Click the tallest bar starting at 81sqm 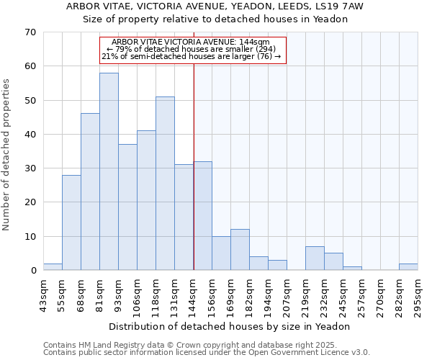(x=109, y=171)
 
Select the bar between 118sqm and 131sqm (x=165, y=184)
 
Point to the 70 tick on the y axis (x=30, y=32)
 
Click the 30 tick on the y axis (x=30, y=168)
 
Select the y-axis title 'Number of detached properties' (x=6, y=155)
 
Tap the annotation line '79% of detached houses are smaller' (x=193, y=49)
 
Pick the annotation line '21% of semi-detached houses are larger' (x=193, y=56)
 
